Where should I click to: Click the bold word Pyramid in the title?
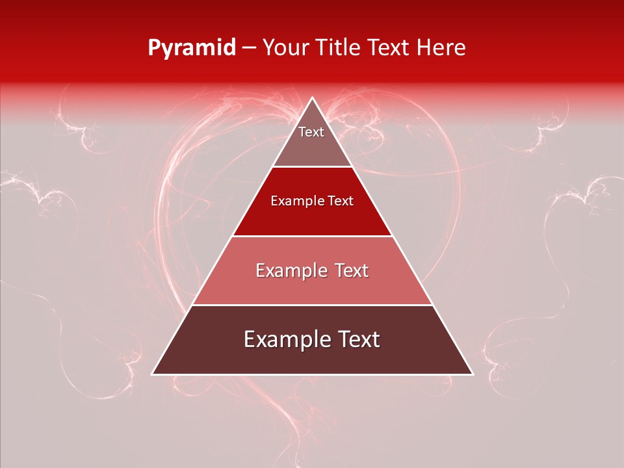[x=191, y=48]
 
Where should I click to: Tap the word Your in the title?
[x=287, y=48]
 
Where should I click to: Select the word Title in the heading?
[x=341, y=48]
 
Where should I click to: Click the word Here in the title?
[x=441, y=48]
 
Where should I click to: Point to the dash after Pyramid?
[x=249, y=48]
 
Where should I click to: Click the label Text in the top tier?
[x=311, y=132]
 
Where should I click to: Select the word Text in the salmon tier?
[x=350, y=270]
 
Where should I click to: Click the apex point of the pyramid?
[x=312, y=98]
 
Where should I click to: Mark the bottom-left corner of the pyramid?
[x=153, y=374]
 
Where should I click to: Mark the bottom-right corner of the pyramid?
[x=472, y=374]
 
